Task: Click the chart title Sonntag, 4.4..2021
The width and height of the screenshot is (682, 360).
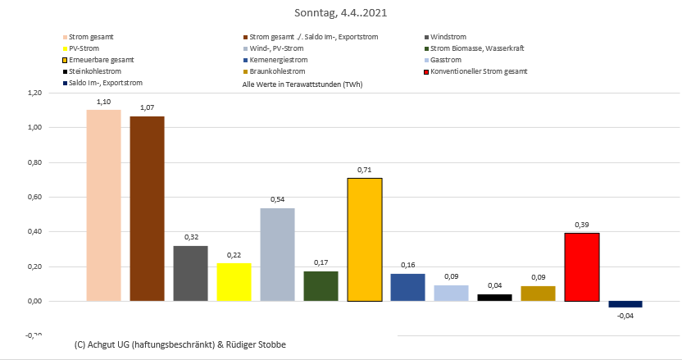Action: point(341,13)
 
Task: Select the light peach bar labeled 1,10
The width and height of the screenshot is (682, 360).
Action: point(103,205)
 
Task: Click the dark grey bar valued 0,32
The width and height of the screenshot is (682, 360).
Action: point(190,273)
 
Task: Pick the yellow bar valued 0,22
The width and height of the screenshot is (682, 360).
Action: point(234,282)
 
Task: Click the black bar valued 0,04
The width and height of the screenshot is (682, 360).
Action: point(495,297)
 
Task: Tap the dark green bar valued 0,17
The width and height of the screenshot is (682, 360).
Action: point(321,286)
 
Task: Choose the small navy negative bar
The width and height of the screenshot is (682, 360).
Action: point(625,304)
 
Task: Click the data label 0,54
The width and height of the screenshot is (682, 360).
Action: point(278,199)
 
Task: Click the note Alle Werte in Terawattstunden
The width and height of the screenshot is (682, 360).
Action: point(302,84)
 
